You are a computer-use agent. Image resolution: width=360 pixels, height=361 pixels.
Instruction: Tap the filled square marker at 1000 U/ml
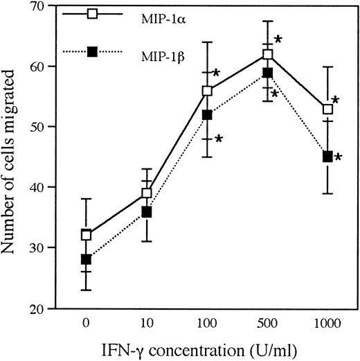click(x=328, y=157)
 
